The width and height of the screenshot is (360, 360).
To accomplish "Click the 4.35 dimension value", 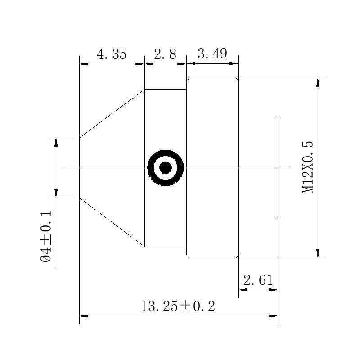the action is coord(112,54).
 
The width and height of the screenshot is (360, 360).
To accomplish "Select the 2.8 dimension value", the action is coord(165,54).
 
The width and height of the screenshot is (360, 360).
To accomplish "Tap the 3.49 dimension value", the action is coord(212,54).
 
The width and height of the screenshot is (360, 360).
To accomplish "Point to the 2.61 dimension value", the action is coord(258,280).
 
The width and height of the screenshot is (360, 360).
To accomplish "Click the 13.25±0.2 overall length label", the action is coord(178,306).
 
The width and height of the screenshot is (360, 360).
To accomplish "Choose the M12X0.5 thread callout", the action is coord(307,167).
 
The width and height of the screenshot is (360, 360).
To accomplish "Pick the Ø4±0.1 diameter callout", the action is coord(46,237).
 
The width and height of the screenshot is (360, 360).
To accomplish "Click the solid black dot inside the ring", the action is coord(165,168).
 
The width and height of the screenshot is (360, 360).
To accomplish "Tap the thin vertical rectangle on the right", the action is coord(276,168).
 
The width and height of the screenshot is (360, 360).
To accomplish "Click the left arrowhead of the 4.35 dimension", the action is coord(84,64).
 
